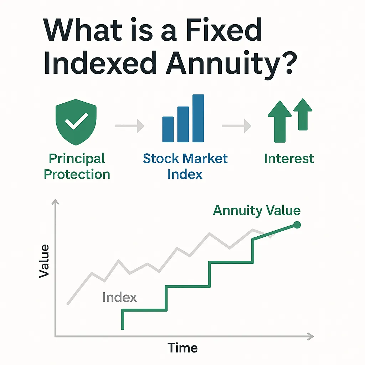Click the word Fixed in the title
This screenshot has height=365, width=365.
tap(224, 30)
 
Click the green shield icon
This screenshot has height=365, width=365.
tap(76, 122)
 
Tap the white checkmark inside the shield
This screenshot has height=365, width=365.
tap(76, 121)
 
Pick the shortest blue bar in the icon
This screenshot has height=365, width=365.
tap(168, 129)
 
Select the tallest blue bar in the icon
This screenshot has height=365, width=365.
tap(198, 118)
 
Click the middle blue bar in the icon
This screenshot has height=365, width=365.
tap(183, 124)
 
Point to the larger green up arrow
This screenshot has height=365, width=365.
tap(279, 122)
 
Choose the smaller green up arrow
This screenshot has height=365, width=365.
tap(303, 114)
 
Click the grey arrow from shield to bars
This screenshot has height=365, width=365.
tap(129, 126)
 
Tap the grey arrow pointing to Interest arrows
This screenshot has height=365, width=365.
tap(237, 126)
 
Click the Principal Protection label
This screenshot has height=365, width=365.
tap(77, 166)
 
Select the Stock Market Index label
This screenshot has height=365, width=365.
tap(185, 166)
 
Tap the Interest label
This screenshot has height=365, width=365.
tap(289, 159)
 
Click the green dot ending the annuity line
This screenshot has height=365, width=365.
tap(297, 225)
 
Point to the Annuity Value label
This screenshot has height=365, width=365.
tap(257, 211)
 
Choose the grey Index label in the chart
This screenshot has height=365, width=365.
tap(120, 297)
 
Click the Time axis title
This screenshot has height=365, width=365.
tap(182, 348)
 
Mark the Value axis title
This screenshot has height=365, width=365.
tap(44, 261)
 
